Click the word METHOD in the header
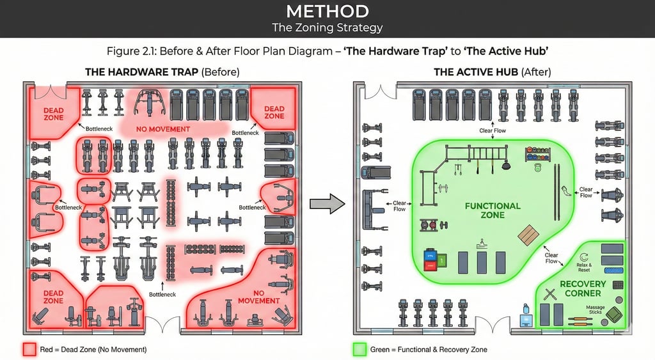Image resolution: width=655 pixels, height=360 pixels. [327, 12]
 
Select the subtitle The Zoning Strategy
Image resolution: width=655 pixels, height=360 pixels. [327, 27]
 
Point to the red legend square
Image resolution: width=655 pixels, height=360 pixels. [29, 349]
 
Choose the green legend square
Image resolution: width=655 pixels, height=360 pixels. [359, 349]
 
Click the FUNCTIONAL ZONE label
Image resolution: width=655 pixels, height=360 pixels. [492, 210]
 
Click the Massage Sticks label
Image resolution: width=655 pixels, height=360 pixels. [595, 310]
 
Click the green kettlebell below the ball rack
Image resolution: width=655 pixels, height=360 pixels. [538, 168]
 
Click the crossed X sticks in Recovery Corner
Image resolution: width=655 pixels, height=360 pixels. [549, 294]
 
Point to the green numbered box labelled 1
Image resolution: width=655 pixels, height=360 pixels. [441, 260]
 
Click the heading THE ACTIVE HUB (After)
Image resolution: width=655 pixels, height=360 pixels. [492, 72]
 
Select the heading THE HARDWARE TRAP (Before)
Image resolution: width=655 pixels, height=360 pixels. [162, 72]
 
